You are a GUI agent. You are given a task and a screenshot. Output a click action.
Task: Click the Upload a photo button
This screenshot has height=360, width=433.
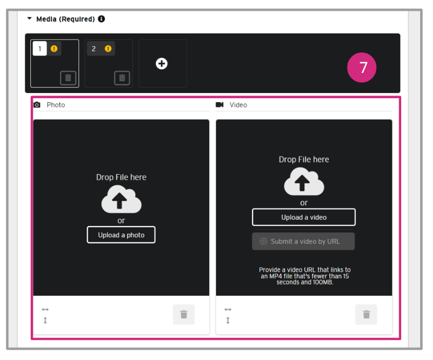click(121, 235)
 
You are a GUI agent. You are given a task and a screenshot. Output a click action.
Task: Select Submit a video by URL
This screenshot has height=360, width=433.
click(303, 241)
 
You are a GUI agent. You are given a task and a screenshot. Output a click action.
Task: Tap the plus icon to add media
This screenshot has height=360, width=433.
click(162, 64)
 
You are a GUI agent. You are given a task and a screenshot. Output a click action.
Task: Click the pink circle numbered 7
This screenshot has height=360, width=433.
click(362, 67)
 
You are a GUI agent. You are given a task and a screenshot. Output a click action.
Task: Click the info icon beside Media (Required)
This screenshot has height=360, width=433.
click(102, 19)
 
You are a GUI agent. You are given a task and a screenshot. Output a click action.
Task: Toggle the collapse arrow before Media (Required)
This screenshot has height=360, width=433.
click(29, 18)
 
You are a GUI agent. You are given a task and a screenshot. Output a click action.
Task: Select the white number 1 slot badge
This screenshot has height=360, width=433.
click(40, 49)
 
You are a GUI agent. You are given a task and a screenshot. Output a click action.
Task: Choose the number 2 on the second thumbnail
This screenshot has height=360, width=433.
click(93, 49)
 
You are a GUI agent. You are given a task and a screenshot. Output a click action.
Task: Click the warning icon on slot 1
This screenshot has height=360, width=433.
click(54, 49)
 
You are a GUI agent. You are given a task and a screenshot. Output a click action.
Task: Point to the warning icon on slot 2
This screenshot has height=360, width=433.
click(108, 49)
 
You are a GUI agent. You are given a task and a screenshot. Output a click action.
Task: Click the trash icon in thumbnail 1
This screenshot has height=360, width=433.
click(68, 78)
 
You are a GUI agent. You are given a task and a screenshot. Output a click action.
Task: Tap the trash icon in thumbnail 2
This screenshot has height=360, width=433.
click(122, 78)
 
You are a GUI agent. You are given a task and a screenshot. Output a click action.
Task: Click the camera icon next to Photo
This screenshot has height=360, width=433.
click(37, 105)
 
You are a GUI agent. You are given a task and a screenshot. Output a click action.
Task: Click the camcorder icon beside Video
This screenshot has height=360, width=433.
click(220, 105)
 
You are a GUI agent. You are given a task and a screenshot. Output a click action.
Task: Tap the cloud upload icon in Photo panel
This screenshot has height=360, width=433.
click(121, 199)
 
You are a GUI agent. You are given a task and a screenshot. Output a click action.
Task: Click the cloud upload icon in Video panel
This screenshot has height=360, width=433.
click(304, 182)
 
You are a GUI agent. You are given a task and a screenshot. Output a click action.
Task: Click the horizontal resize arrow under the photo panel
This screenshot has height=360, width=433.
click(45, 309)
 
